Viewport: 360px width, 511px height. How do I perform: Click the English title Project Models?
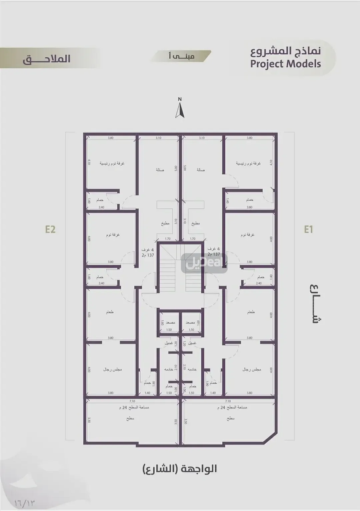pyautogui.click(x=285, y=64)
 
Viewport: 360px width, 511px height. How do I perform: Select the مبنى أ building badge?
pyautogui.click(x=181, y=56)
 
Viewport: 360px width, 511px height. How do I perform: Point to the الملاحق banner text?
pyautogui.click(x=47, y=59)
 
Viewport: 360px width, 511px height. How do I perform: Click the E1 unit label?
pyautogui.click(x=308, y=229)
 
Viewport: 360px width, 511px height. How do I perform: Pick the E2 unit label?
pyautogui.click(x=50, y=229)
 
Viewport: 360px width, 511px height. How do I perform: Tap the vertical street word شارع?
pyautogui.click(x=316, y=303)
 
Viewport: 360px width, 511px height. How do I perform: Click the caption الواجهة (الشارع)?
pyautogui.click(x=180, y=469)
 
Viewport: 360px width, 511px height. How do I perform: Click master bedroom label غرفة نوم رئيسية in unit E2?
pyautogui.click(x=112, y=164)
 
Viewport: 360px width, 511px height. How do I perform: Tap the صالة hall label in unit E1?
pyautogui.click(x=200, y=170)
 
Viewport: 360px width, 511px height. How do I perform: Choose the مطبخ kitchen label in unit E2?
pyautogui.click(x=165, y=224)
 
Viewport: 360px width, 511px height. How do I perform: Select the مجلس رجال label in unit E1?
pyautogui.click(x=252, y=369)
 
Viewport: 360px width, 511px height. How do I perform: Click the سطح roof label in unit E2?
pyautogui.click(x=130, y=418)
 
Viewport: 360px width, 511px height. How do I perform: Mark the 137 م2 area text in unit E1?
pyautogui.click(x=214, y=254)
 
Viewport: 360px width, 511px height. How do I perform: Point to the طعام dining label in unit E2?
pyautogui.click(x=110, y=312)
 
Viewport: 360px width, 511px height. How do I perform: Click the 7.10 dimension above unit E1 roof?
pyautogui.click(x=228, y=401)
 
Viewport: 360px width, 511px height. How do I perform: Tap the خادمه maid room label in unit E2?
pyautogui.click(x=169, y=369)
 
